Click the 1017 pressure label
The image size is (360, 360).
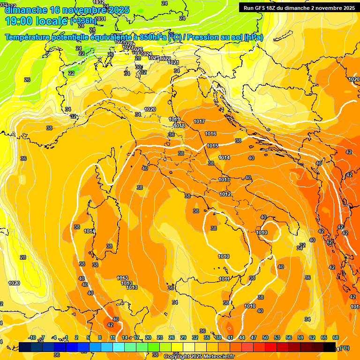click(199, 122)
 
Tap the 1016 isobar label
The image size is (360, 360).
click(210, 134)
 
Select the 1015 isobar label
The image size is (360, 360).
click(212, 146)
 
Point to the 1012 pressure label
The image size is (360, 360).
click(225, 195)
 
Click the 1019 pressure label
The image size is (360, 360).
click(174, 120)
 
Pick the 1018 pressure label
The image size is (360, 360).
click(179, 126)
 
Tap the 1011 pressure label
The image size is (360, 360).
click(224, 279)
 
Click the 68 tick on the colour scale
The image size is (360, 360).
click(335, 338)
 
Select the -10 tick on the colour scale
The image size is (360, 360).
click(32, 338)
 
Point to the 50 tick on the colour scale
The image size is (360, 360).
click(265, 338)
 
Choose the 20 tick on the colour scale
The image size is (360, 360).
click(148, 338)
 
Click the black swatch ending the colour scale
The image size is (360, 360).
click(330, 347)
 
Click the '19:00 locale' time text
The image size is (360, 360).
click(36, 21)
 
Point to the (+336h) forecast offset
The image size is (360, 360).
click(83, 21)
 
